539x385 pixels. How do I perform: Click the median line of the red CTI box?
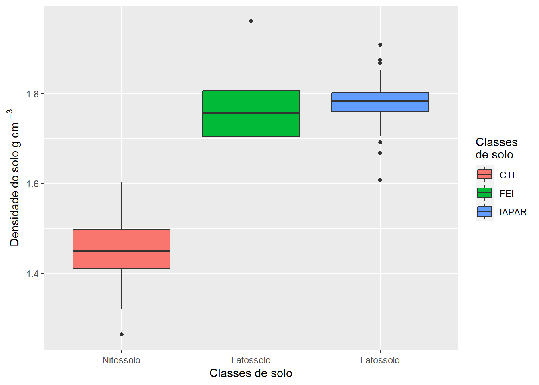122,251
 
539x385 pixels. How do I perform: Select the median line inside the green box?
251,113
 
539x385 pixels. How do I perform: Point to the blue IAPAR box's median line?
380,101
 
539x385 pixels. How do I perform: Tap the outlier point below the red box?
122,334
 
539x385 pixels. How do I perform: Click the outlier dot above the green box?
251,21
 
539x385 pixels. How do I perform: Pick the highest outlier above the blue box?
380,45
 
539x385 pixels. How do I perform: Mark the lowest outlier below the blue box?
380,180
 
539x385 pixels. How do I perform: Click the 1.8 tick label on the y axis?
32,94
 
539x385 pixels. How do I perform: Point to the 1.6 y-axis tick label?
32,184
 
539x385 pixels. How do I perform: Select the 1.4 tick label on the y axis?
32,274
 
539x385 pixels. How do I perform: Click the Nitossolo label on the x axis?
122,360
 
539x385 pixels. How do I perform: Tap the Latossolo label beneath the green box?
251,360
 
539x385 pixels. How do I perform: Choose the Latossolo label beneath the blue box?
380,360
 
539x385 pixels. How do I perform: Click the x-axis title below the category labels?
251,373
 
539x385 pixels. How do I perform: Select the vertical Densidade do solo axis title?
14,178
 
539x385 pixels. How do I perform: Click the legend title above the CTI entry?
496,148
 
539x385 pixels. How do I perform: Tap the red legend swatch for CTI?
485,174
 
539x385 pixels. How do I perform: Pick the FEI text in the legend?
507,194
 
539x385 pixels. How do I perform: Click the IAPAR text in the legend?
513,212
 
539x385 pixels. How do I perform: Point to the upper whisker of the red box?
122,207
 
